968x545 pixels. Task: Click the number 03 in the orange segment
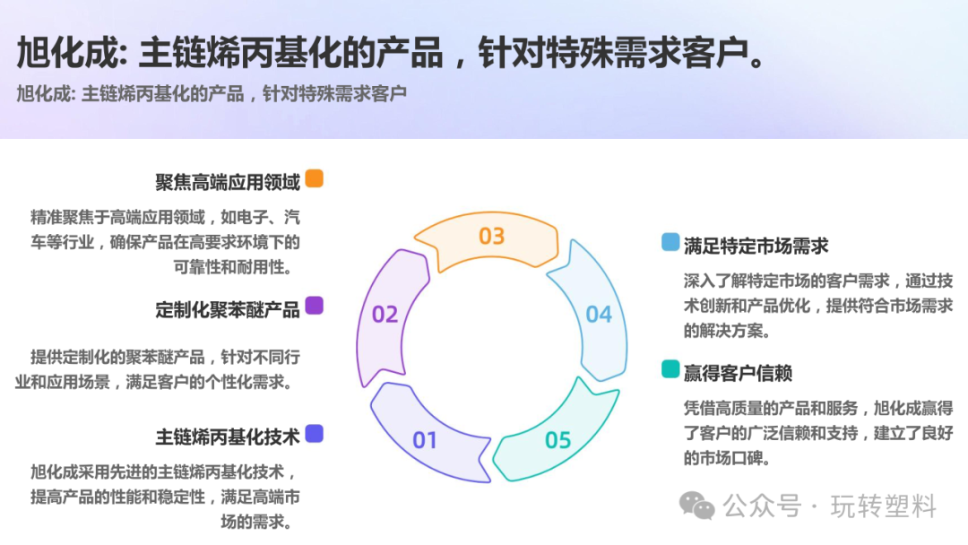491,237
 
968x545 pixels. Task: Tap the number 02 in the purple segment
385,315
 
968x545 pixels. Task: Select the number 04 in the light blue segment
599,315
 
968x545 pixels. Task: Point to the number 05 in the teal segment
557,440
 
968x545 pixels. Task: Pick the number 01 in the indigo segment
425,440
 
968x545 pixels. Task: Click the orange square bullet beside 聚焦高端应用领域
314,178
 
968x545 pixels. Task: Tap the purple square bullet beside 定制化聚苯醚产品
314,306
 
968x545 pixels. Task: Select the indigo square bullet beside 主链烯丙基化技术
314,434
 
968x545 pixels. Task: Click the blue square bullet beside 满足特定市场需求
670,242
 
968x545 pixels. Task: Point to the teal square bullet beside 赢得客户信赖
670,369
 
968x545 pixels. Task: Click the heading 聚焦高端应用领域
228,183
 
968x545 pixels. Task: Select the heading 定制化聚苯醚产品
228,310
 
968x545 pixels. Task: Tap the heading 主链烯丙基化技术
228,437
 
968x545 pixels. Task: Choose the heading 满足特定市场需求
756,246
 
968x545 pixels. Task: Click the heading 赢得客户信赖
739,373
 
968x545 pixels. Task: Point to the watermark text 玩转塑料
884,506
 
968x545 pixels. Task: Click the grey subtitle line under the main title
212,93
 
